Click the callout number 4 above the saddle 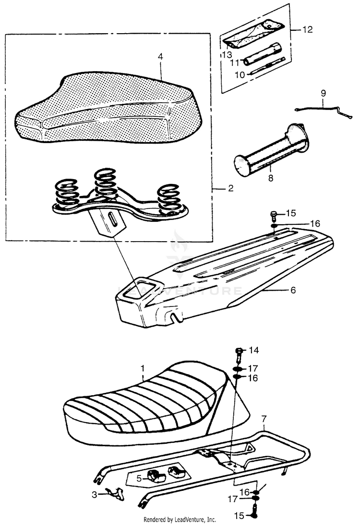click(x=160, y=57)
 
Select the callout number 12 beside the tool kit click(x=307, y=30)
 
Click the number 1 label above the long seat click(x=142, y=368)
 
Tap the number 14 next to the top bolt click(x=253, y=350)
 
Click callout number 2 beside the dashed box click(x=230, y=188)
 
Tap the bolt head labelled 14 click(x=239, y=351)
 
